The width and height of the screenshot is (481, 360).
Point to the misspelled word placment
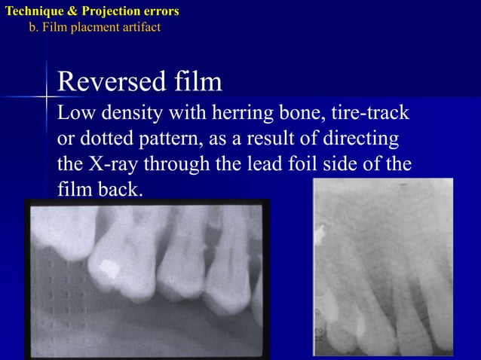click(96, 27)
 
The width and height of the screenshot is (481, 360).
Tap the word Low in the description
click(74, 115)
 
